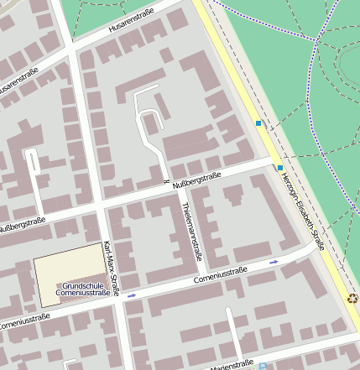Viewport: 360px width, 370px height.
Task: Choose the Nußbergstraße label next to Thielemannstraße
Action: [x=196, y=180]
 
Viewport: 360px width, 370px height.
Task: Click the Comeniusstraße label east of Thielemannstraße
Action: [x=223, y=276]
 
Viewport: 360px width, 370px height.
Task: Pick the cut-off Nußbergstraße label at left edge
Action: [x=20, y=225]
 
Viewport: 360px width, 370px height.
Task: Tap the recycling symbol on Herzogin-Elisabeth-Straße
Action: [x=352, y=296]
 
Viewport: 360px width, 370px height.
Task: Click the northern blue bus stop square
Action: [x=258, y=124]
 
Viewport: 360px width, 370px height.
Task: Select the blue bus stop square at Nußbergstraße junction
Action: [x=279, y=167]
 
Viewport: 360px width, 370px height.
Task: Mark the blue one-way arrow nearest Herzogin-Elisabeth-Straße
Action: [x=274, y=263]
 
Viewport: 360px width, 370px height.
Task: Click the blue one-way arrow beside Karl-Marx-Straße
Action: [x=132, y=295]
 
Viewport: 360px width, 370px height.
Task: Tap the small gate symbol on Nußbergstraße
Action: [x=165, y=182]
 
